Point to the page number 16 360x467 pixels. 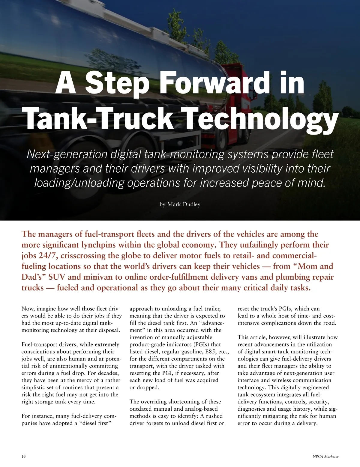click(24, 457)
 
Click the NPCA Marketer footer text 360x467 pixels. click(325, 457)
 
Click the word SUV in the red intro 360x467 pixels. click(57, 277)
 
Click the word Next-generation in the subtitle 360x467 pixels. click(67, 154)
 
